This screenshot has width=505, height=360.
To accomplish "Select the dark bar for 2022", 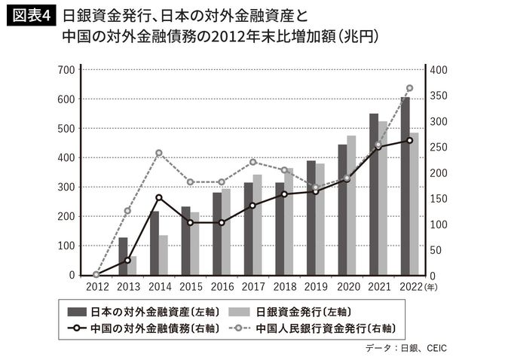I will (405, 188).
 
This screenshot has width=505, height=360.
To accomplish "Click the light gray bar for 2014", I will (164, 256).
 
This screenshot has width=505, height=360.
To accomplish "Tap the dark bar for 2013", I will (123, 257).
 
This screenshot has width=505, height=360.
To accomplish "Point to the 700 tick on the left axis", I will (66, 70).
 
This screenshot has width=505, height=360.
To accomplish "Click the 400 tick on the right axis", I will (439, 70).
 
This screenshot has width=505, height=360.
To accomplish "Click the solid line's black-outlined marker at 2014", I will (159, 198).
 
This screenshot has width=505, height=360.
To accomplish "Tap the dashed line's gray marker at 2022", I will (409, 88).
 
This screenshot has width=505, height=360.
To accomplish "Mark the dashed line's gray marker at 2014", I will (159, 153).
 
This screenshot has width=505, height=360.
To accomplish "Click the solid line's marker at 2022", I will (409, 140).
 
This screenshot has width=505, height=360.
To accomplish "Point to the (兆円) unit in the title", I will (360, 36).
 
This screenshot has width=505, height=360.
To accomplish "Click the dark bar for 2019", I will (311, 218).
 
